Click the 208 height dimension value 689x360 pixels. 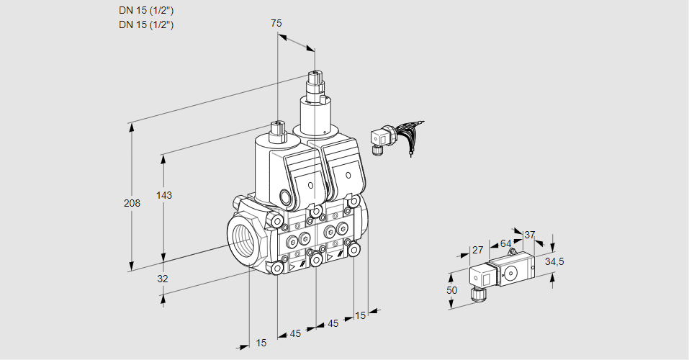click(x=132, y=203)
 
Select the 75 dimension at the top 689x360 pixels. click(x=276, y=23)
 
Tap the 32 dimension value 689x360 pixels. click(x=162, y=279)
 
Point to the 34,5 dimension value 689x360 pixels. click(x=554, y=261)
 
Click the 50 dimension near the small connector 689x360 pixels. click(x=451, y=289)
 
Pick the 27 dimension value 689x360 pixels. click(x=477, y=250)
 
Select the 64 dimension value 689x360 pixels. click(x=505, y=243)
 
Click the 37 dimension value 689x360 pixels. click(x=529, y=235)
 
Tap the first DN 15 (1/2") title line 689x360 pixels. click(x=146, y=10)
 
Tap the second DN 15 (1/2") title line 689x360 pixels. click(x=146, y=24)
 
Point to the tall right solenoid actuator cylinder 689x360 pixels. click(x=314, y=115)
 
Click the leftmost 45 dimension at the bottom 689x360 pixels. click(x=295, y=333)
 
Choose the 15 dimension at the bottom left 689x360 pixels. click(x=261, y=343)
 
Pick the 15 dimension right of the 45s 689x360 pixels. click(x=360, y=315)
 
